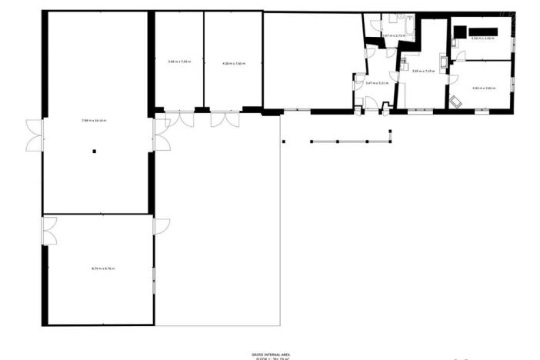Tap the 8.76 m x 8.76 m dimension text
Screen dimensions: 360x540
click(x=102, y=268)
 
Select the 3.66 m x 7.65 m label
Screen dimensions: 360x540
click(x=179, y=62)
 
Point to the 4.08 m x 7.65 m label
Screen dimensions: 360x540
click(x=233, y=63)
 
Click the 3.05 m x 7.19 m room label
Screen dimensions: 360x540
click(x=423, y=72)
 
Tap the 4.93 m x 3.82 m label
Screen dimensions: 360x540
click(x=482, y=88)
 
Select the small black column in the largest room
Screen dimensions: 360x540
click(x=95, y=151)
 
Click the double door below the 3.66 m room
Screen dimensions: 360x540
click(x=181, y=119)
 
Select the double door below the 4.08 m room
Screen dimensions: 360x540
click(x=225, y=119)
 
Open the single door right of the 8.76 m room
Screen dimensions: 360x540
click(x=162, y=226)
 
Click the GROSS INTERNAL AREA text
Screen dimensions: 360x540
click(x=269, y=352)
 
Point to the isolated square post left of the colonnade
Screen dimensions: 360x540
click(x=284, y=141)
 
